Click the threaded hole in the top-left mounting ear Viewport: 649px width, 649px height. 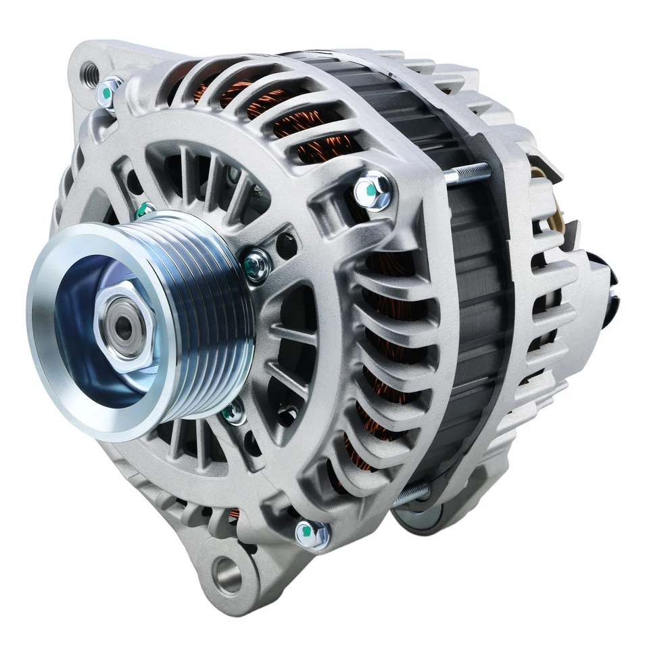[89, 70]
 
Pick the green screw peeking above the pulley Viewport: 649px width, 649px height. [145, 211]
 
